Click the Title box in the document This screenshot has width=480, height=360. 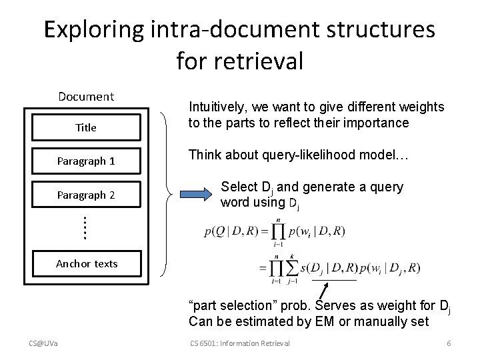coord(86,127)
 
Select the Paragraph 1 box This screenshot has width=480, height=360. coord(86,161)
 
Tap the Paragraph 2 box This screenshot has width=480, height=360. coord(86,195)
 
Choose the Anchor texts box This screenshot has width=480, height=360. coord(86,263)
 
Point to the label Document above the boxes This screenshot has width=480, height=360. coord(86,97)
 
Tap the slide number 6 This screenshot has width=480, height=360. coord(449,343)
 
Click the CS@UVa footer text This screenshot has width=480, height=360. coord(43,343)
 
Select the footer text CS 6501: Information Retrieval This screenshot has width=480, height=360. coord(240,343)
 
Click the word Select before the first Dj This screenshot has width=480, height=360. coord(237,187)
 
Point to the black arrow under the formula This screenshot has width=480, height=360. coord(325,291)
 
